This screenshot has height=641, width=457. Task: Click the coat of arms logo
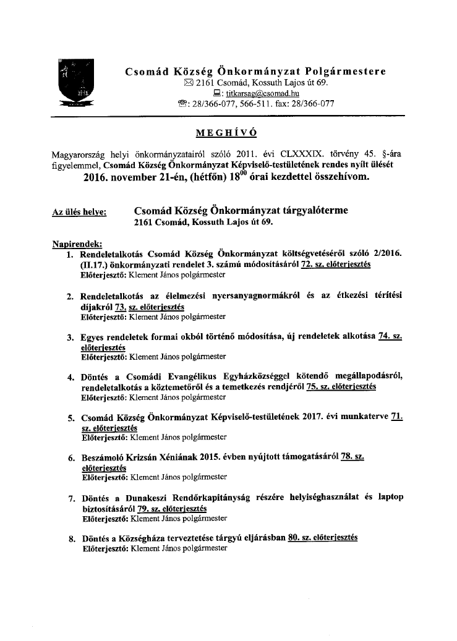tap(75, 83)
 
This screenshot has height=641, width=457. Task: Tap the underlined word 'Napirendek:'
tap(78, 244)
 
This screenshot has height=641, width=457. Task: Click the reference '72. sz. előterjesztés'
tap(335, 264)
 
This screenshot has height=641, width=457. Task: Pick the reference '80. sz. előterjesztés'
tap(323, 537)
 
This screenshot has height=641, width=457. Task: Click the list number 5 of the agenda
tap(72, 418)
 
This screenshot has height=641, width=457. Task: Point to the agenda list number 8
tap(72, 539)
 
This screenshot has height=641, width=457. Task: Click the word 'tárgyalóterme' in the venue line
tap(307, 211)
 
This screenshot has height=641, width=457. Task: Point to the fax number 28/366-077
tap(316, 104)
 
